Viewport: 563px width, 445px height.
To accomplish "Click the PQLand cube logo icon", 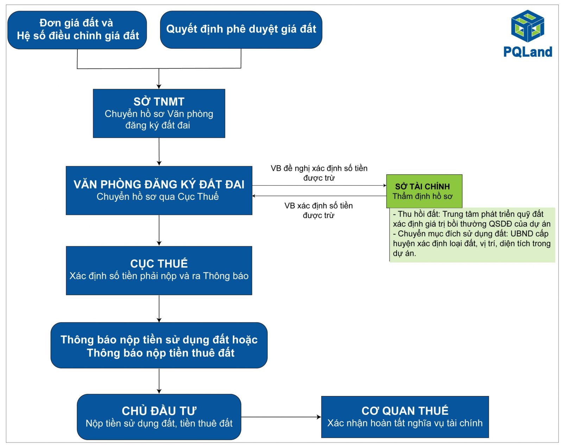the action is [528, 26].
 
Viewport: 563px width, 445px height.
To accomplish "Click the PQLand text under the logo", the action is [528, 52].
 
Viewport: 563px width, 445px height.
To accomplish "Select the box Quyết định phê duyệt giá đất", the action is [241, 30].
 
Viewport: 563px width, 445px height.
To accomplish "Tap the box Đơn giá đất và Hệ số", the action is [77, 30].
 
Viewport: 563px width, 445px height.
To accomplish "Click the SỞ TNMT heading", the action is [159, 101].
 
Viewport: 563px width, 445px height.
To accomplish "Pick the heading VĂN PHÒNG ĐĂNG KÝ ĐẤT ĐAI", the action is [159, 184].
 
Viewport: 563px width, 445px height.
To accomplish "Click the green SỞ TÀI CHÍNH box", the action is [424, 191].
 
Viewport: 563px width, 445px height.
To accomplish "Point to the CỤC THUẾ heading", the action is [159, 264].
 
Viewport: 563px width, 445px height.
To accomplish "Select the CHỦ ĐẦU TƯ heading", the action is [159, 411].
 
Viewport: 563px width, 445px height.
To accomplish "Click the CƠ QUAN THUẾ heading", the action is [405, 411].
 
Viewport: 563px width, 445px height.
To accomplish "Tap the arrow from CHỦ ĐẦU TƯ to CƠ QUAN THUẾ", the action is [281, 417].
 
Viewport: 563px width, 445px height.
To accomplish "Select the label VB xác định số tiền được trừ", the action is [318, 210].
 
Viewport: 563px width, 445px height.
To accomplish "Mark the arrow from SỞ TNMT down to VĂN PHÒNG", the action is [159, 152].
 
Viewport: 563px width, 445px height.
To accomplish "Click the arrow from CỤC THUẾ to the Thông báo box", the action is [159, 309].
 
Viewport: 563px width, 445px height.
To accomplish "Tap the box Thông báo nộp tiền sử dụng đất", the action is [159, 346].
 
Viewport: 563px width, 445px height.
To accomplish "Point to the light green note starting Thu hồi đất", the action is [472, 235].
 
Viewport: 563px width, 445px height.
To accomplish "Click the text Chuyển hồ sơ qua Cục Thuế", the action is [158, 197].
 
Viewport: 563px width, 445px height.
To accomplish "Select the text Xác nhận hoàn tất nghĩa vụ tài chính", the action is [405, 423].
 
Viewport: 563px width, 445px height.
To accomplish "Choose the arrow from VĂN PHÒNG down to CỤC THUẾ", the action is [159, 230].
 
